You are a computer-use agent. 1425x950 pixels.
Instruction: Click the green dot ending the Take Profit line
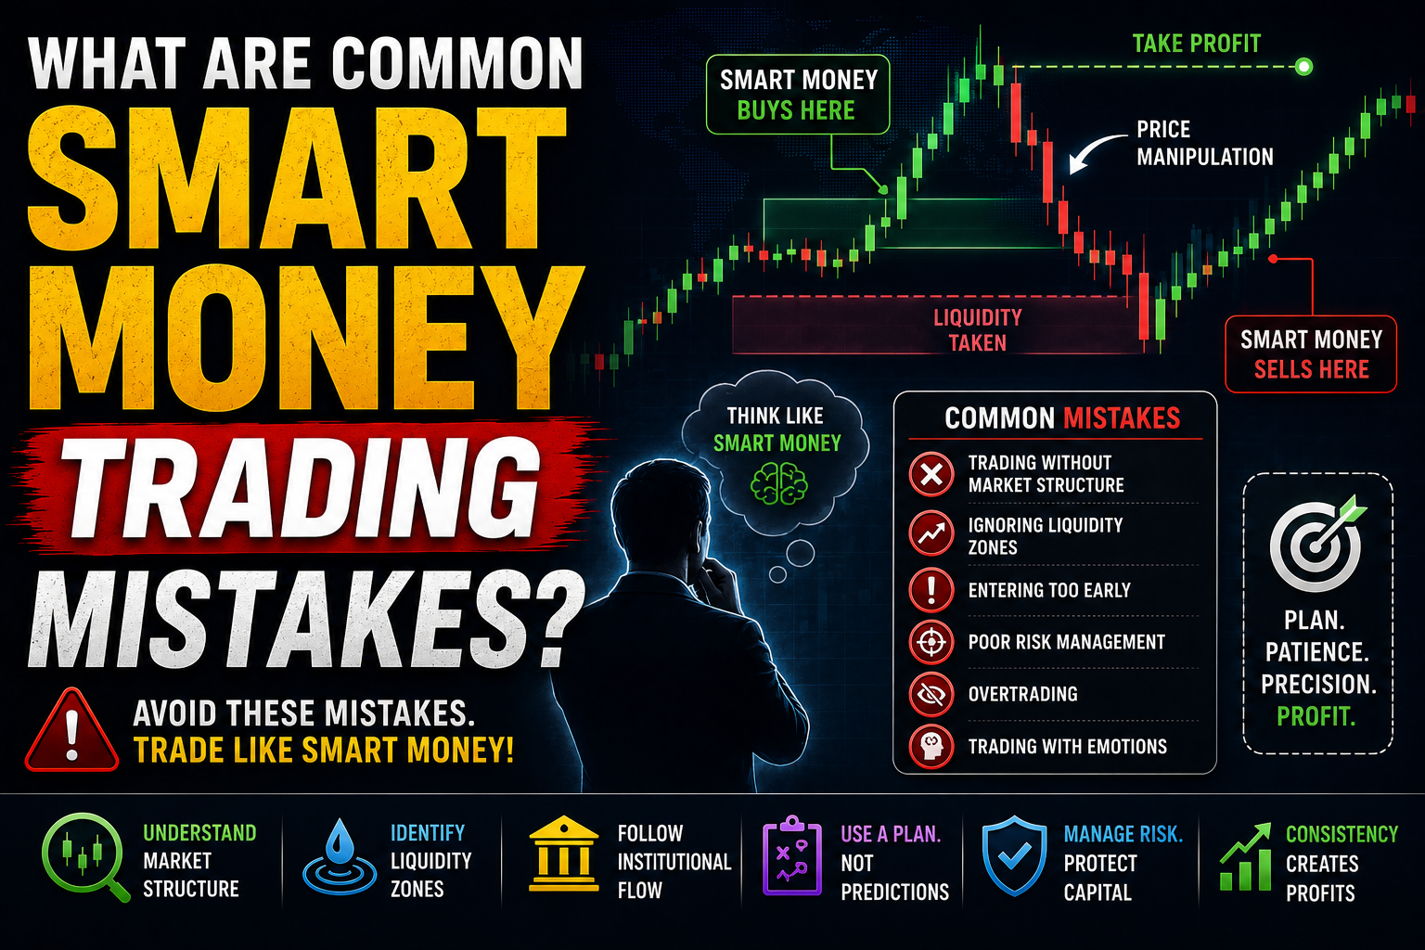coord(1303,66)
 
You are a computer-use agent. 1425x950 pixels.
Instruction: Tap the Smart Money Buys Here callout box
coord(798,95)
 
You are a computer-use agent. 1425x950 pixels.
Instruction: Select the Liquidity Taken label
coord(977,329)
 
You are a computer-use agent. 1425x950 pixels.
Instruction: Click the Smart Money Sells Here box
coord(1311,353)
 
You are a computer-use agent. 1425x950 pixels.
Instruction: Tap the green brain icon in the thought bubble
coord(778,483)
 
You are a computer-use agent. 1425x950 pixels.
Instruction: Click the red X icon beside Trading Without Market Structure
coord(931,474)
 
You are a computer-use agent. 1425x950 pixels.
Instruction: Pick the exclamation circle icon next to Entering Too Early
coord(931,590)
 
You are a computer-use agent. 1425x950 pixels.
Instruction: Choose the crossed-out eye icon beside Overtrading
coord(931,694)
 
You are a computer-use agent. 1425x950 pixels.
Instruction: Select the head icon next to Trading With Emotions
coord(931,747)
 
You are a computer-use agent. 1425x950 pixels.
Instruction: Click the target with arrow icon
coord(1316,543)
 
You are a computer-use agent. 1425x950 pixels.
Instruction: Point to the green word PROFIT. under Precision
coord(1316,716)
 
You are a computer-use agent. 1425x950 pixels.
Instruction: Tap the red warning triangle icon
coord(71,730)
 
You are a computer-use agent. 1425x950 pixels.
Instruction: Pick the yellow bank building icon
coord(564,854)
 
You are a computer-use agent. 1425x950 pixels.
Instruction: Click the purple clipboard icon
coord(792,855)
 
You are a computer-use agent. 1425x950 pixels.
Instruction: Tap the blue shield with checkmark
coord(1015,855)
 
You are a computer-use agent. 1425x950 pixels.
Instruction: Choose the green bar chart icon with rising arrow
coord(1245,857)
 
